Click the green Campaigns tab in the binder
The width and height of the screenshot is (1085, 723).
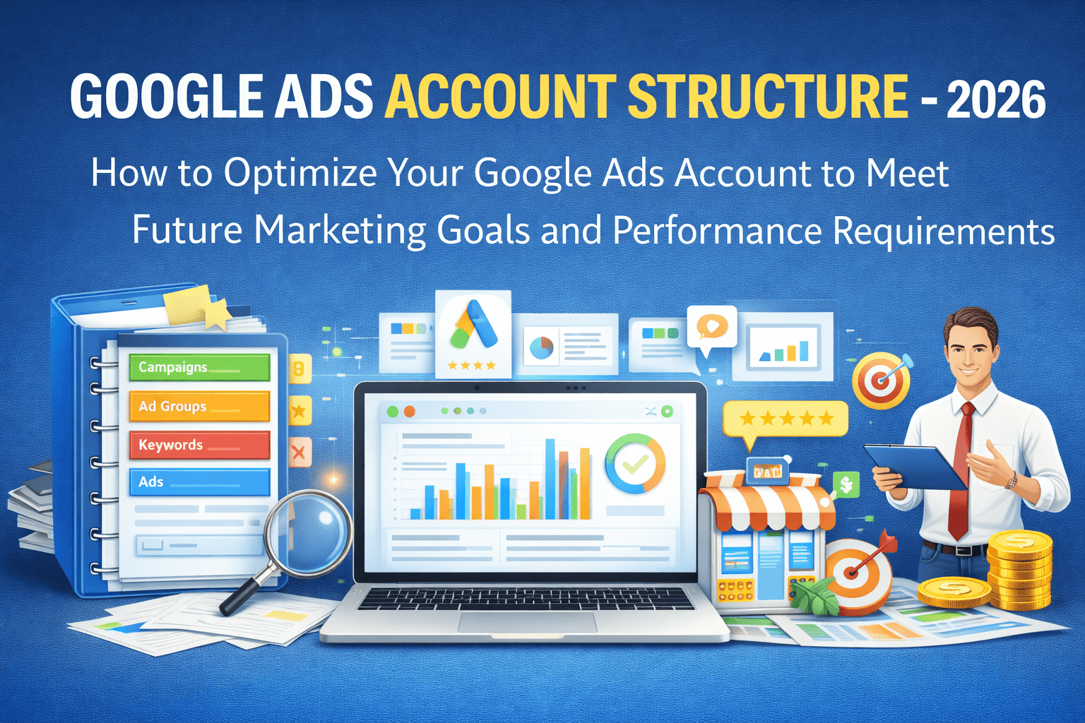[x=199, y=367]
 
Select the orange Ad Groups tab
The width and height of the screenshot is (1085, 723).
[x=199, y=406]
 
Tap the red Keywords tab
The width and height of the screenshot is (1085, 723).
[x=199, y=445]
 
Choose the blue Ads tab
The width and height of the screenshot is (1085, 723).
[x=199, y=482]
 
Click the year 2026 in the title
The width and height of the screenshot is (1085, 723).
[x=996, y=100]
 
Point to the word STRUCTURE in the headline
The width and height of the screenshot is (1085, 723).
[x=767, y=97]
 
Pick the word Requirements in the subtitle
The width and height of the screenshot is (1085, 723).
[x=944, y=231]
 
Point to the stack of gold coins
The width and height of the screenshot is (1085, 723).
[x=1020, y=570]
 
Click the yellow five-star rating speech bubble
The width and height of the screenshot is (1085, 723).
[x=785, y=419]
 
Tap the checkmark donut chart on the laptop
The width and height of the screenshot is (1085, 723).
[x=635, y=463]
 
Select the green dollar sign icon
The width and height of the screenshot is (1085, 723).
[x=846, y=484]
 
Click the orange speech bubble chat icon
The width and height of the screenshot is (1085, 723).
[x=711, y=327]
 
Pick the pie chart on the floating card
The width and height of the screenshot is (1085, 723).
[x=542, y=347]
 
